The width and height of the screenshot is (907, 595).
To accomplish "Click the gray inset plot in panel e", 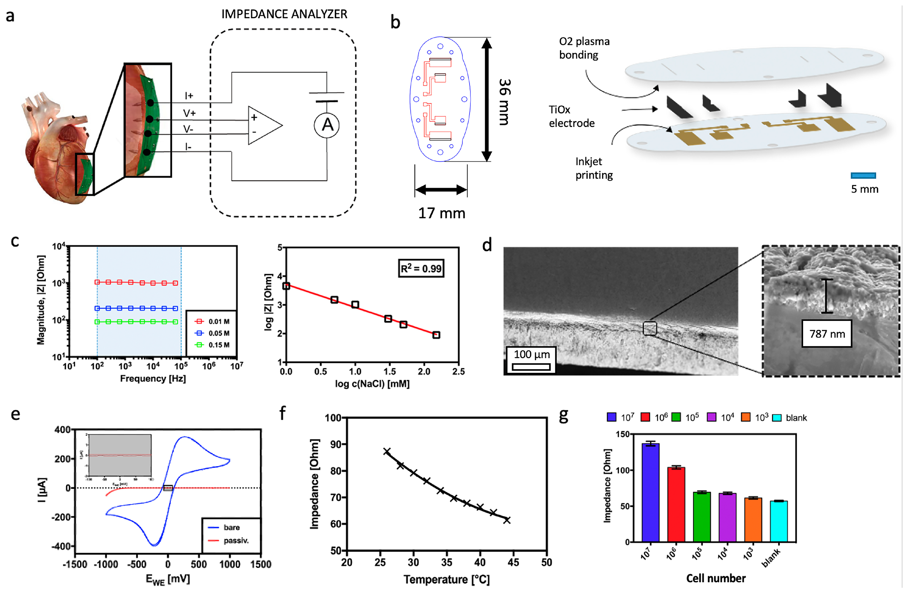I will (120, 455).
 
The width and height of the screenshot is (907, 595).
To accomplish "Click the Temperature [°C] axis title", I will (446, 579).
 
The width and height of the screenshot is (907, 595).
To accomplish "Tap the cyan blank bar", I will (778, 521).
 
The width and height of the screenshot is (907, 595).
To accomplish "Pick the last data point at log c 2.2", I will (436, 335).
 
